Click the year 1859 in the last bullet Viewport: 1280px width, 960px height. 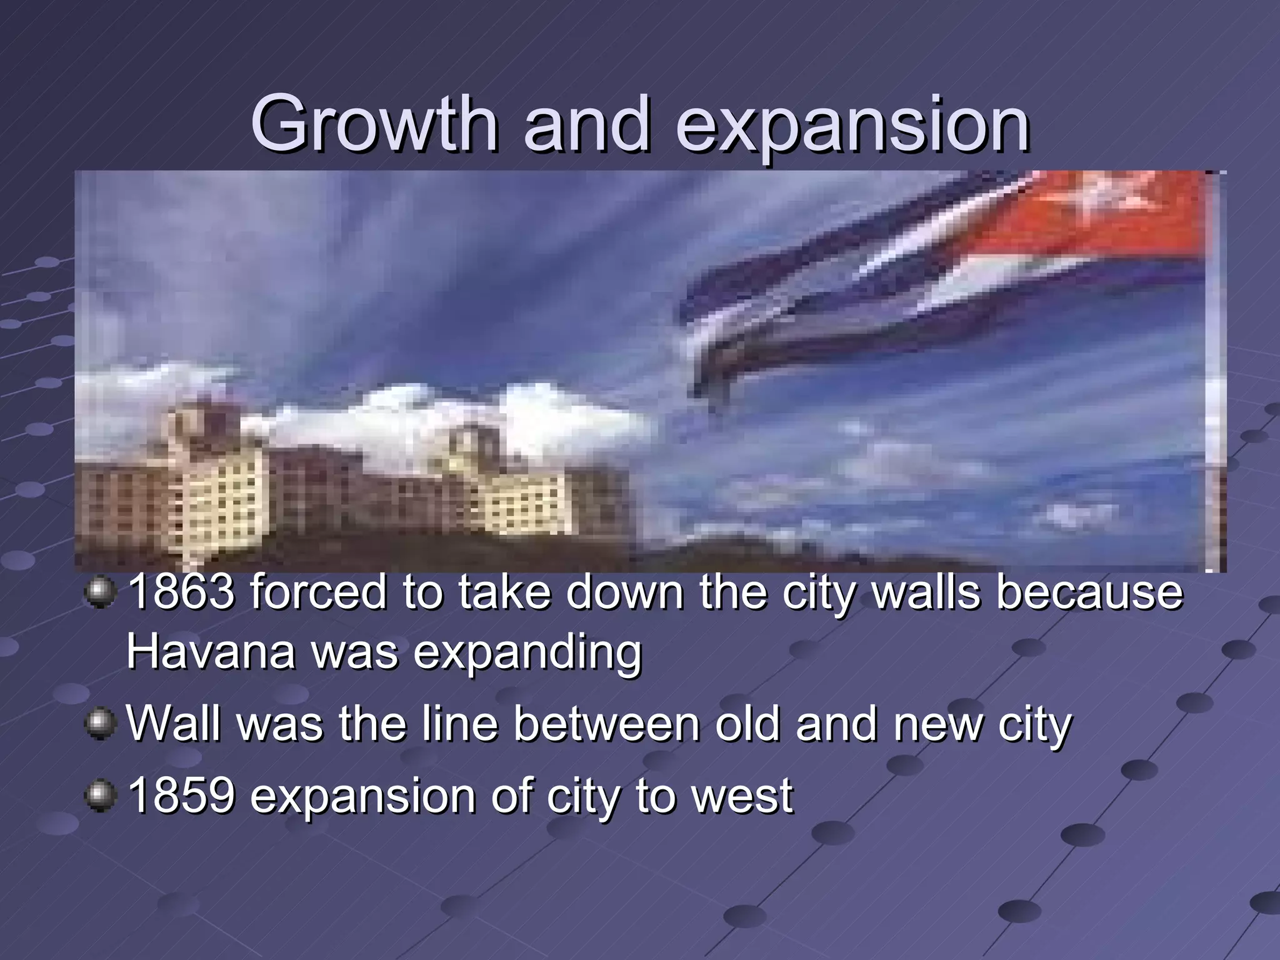coord(181,795)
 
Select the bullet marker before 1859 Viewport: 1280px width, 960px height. coord(100,796)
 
